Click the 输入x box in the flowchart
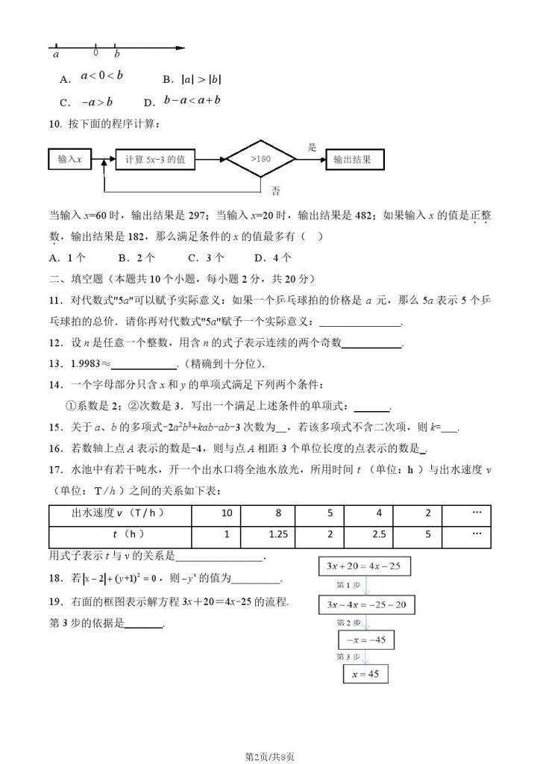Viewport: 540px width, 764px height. pyautogui.click(x=69, y=159)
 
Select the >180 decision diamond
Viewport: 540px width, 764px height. pyautogui.click(x=260, y=159)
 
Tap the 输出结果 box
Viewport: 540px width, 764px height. pyautogui.click(x=352, y=159)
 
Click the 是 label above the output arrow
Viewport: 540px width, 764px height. pyautogui.click(x=313, y=147)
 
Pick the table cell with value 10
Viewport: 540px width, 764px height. pyautogui.click(x=227, y=515)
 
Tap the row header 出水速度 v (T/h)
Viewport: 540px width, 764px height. pyautogui.click(x=118, y=515)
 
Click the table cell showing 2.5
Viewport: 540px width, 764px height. pyautogui.click(x=381, y=536)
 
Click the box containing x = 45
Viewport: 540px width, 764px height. pyautogui.click(x=365, y=674)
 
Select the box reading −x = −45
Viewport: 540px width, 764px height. pyautogui.click(x=366, y=639)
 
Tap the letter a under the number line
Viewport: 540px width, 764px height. pyautogui.click(x=57, y=54)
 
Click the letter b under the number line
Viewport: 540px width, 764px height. pyautogui.click(x=116, y=54)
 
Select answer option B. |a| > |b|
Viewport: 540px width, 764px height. pyautogui.click(x=192, y=79)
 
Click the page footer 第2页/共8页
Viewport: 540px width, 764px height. pyautogui.click(x=270, y=755)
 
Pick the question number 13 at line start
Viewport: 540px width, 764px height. pyautogui.click(x=54, y=363)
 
